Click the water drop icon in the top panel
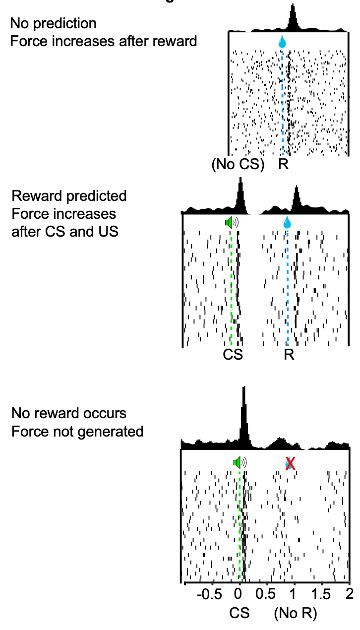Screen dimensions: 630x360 click(x=282, y=42)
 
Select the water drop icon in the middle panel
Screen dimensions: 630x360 click(x=287, y=223)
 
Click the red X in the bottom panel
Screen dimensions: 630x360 click(x=291, y=463)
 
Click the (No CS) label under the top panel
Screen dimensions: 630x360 click(x=238, y=164)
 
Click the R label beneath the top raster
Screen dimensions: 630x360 click(x=283, y=164)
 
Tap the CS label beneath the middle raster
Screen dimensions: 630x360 click(x=233, y=355)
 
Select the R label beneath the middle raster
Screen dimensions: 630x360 click(x=289, y=355)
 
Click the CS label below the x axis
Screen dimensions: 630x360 click(x=240, y=614)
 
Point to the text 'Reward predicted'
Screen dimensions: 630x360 click(x=69, y=196)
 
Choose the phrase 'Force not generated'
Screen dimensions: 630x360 click(x=77, y=432)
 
